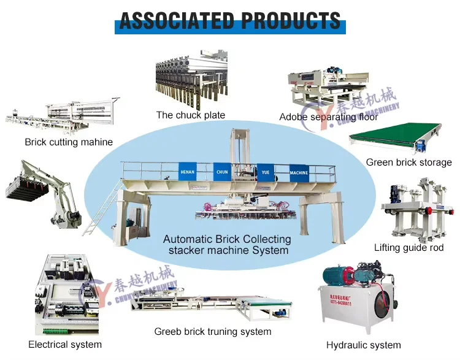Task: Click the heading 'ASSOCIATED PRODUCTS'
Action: point(230,20)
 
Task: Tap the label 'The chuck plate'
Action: point(190,115)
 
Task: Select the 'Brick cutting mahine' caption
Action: point(69,142)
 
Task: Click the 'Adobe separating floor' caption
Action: point(329,117)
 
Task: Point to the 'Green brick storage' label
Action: point(408,163)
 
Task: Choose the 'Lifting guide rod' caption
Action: point(408,248)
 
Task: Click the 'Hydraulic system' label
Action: point(363,345)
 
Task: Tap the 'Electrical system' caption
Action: point(65,344)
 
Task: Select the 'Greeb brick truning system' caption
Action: point(212,331)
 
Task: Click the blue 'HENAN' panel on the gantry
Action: point(187,172)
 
